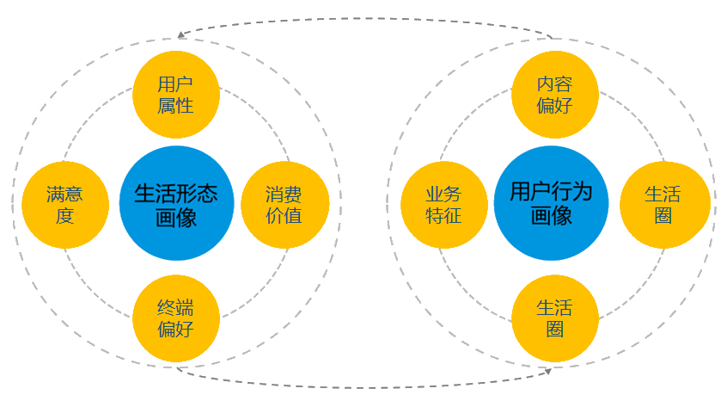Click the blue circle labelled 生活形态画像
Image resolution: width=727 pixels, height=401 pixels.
click(x=176, y=204)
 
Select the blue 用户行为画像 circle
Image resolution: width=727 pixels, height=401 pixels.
click(x=551, y=203)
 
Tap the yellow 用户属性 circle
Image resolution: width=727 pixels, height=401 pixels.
click(x=176, y=95)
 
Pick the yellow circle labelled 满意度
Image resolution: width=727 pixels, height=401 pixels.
click(x=64, y=204)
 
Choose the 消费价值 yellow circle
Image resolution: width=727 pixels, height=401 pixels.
click(x=284, y=204)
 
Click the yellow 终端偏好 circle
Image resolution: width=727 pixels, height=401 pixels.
click(x=176, y=318)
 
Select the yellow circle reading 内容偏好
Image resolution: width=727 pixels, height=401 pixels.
click(x=554, y=95)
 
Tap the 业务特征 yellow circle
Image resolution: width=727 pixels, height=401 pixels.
click(x=444, y=204)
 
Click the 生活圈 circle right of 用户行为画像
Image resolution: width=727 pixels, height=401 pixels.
click(x=663, y=204)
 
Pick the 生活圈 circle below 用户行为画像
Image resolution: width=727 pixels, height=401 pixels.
click(x=554, y=318)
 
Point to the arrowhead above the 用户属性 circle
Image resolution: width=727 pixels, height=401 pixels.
click(x=182, y=36)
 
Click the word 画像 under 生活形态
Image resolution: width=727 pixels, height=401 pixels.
click(x=176, y=216)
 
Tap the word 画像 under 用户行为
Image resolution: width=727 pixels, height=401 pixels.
click(x=551, y=215)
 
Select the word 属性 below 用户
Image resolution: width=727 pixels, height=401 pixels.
click(x=176, y=106)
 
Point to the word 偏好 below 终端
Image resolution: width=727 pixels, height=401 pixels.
click(x=176, y=329)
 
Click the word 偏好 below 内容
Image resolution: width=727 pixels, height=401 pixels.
click(x=554, y=106)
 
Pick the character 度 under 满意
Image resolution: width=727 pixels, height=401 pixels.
click(x=64, y=215)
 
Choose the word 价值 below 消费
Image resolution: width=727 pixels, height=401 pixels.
click(x=284, y=215)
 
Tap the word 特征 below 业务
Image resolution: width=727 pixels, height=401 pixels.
click(x=444, y=215)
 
